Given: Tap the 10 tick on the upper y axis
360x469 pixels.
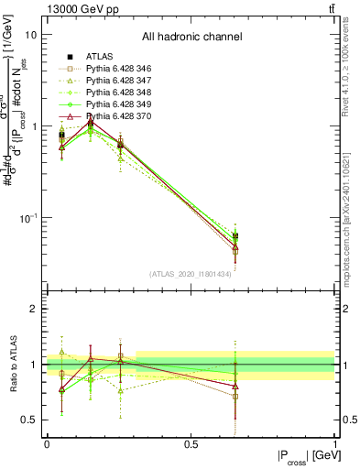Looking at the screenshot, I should coord(31,35).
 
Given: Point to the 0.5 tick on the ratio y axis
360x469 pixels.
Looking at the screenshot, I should coord(31,420).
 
